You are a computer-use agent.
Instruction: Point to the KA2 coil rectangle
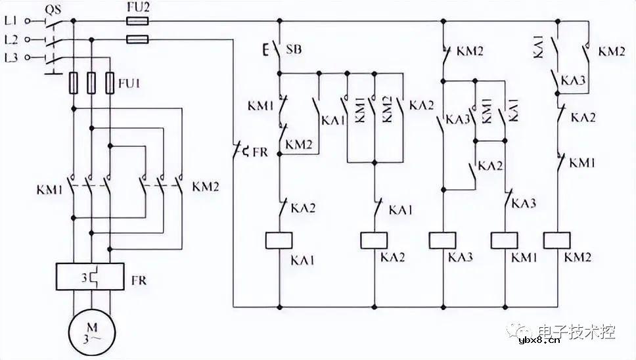tap(375, 240)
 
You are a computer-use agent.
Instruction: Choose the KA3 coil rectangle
tap(443, 240)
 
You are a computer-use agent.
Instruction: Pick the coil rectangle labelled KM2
tap(559, 240)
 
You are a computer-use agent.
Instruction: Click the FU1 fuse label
tap(130, 83)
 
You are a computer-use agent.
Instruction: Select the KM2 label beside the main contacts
tap(205, 187)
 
